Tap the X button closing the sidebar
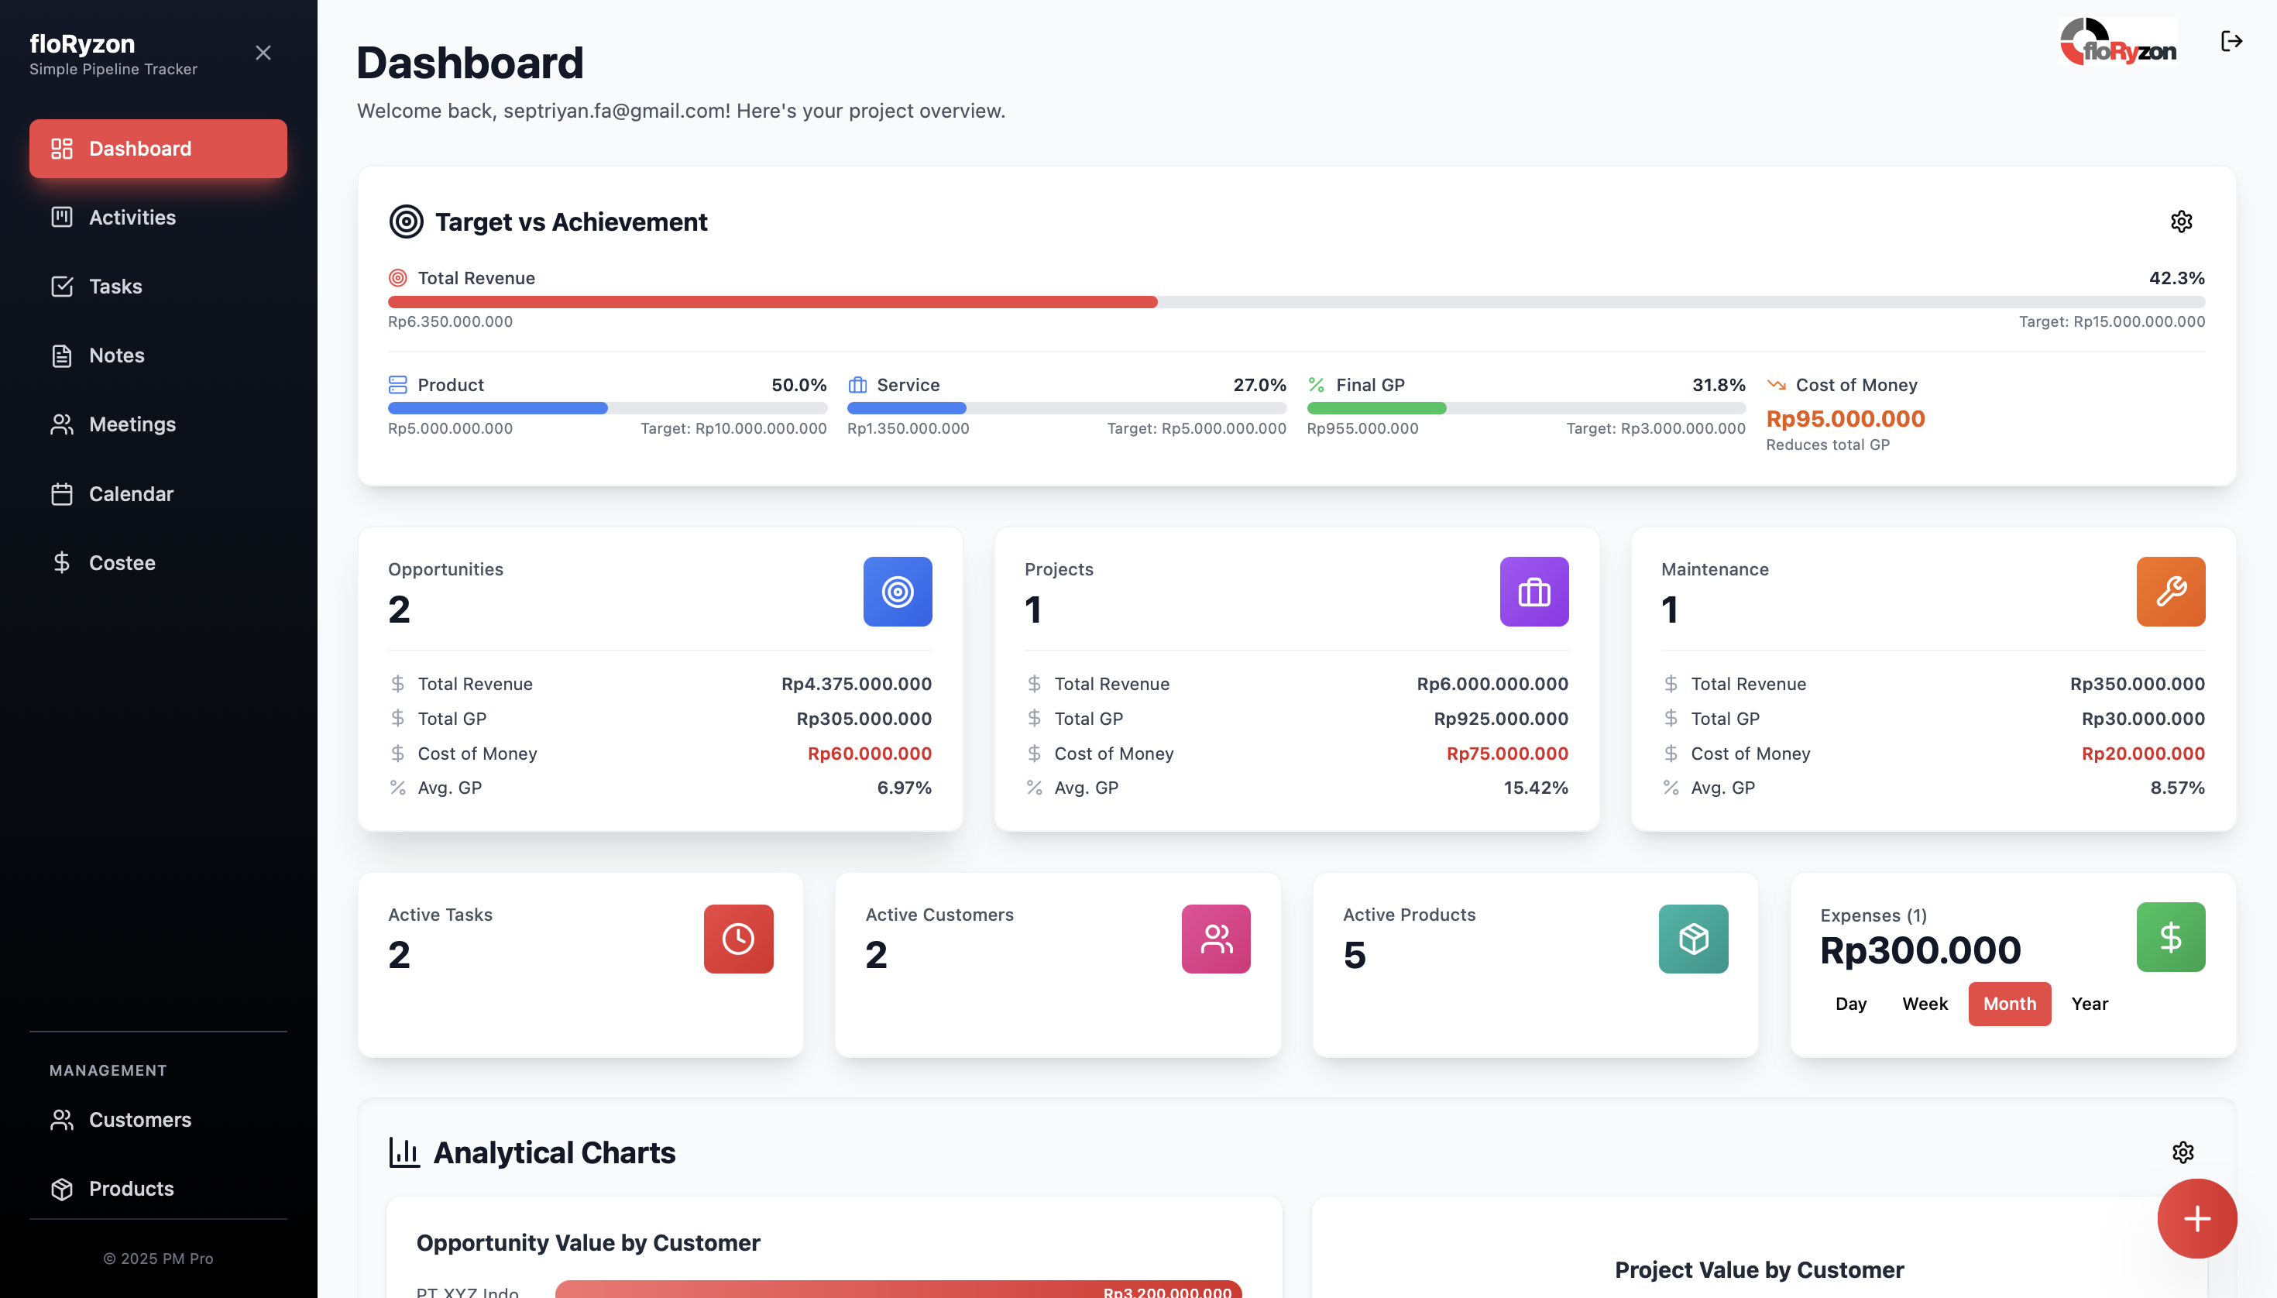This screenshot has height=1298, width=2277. pyautogui.click(x=263, y=53)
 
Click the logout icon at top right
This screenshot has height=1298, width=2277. pyautogui.click(x=2231, y=41)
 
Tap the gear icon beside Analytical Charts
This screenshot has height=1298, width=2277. pyautogui.click(x=2183, y=1152)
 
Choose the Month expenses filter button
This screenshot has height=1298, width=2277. pyautogui.click(x=2010, y=1004)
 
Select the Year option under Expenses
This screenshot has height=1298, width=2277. pyautogui.click(x=2090, y=1004)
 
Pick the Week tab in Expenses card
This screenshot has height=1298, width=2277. pyautogui.click(x=1925, y=1004)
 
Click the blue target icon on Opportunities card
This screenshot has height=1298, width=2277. pyautogui.click(x=898, y=592)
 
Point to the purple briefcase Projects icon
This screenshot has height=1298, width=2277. pyautogui.click(x=1534, y=592)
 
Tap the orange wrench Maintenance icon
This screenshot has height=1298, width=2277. pyautogui.click(x=2171, y=592)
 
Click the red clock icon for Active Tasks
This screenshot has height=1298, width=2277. pyautogui.click(x=738, y=939)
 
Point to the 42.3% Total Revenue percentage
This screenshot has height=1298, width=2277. pyautogui.click(x=2176, y=278)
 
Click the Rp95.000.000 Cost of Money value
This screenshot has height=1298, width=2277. pyautogui.click(x=1846, y=419)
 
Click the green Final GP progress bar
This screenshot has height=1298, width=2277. pyautogui.click(x=1376, y=408)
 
